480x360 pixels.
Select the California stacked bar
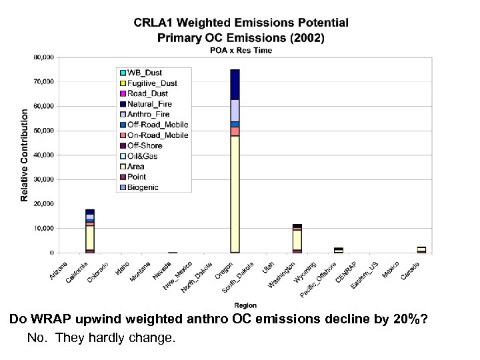[x=90, y=233]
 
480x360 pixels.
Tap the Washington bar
[x=297, y=240]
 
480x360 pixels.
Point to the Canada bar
[x=421, y=250]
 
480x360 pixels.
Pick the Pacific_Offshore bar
[x=339, y=251]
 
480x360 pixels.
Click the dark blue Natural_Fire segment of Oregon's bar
[x=235, y=84]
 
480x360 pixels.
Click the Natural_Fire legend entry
[x=150, y=104]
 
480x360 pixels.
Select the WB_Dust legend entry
[x=144, y=73]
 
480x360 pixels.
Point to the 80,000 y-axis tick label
[x=44, y=57]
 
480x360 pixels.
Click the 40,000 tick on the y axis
[x=44, y=155]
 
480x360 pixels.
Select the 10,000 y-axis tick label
[x=44, y=229]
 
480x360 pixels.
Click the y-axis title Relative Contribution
[x=25, y=155]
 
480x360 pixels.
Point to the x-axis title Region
[x=245, y=306]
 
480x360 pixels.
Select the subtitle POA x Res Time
[x=241, y=51]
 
